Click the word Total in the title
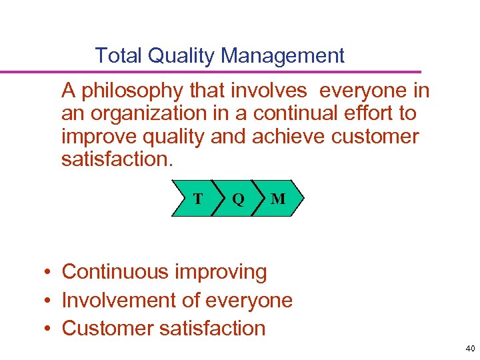pos(119,55)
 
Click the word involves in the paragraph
pos(267,90)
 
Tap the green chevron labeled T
pos(194,199)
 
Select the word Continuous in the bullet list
pos(115,272)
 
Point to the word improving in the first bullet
pos(220,272)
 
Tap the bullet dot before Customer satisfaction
pos(49,329)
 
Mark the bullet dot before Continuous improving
pos(49,272)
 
